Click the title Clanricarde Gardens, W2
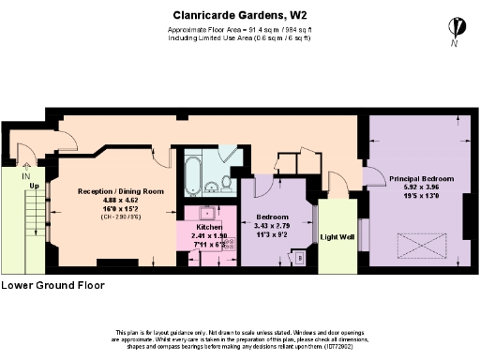(x=239, y=14)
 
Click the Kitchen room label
(x=208, y=228)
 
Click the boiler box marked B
(x=299, y=256)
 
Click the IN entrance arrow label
(x=25, y=175)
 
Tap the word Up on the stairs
(x=34, y=186)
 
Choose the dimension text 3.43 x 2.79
(x=272, y=226)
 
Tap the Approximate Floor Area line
(x=239, y=30)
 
